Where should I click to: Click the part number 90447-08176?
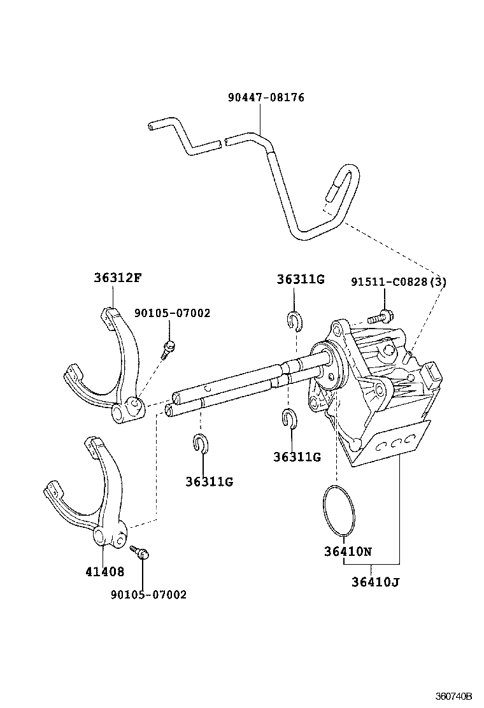pyautogui.click(x=266, y=98)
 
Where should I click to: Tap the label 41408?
pyautogui.click(x=104, y=571)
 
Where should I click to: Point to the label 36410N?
pyautogui.click(x=346, y=551)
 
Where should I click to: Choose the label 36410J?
pyautogui.click(x=374, y=581)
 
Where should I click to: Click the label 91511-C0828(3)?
pyautogui.click(x=398, y=281)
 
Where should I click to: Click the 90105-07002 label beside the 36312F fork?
pyautogui.click(x=171, y=313)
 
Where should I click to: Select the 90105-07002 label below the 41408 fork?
pyautogui.click(x=148, y=595)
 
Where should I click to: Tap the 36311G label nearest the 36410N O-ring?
pyautogui.click(x=296, y=457)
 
